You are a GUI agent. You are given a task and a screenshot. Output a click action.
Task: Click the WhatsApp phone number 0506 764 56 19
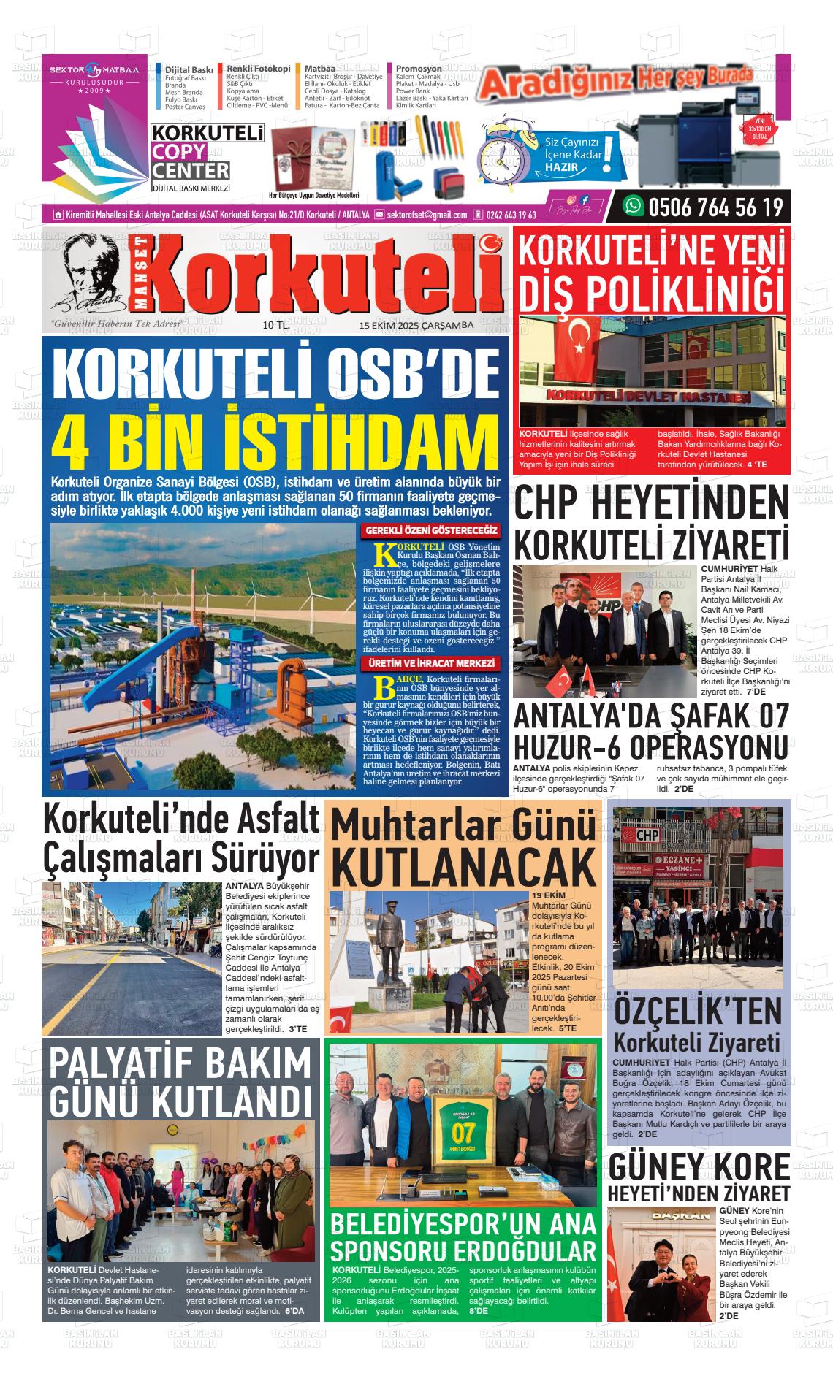(715, 208)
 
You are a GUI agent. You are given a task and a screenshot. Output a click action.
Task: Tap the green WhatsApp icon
(632, 207)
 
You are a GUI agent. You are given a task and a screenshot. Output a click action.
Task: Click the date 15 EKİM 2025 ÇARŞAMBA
(416, 326)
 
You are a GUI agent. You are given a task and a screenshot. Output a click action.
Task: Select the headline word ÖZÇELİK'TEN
(697, 1012)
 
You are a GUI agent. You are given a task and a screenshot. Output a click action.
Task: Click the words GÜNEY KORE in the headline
(699, 1167)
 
